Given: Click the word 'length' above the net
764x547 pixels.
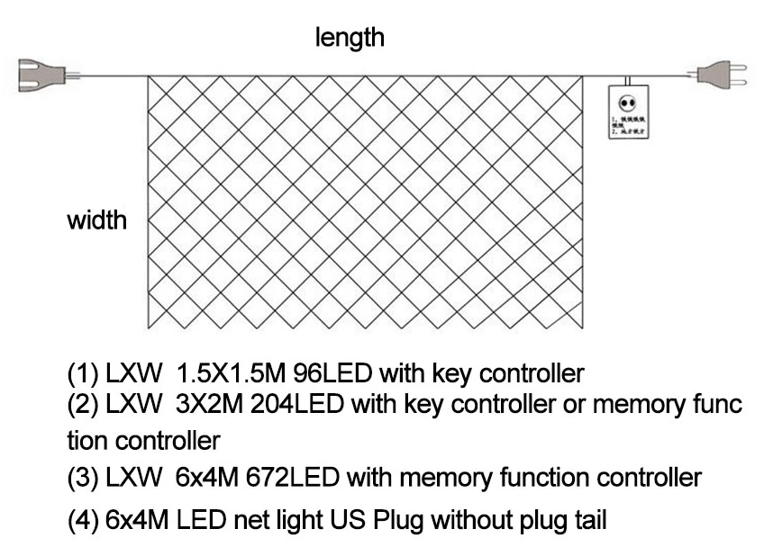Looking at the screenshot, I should coord(350,38).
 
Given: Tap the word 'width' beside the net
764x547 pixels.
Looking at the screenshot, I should coord(97,220).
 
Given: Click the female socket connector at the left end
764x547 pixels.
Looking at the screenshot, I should coord(40,74).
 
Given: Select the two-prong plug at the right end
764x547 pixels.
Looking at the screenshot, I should coord(722,74).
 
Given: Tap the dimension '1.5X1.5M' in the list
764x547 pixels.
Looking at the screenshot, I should coord(228,372).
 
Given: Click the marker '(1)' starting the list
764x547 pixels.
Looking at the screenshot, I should coord(82,372).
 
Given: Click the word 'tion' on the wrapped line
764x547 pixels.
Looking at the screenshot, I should coord(87,441).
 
